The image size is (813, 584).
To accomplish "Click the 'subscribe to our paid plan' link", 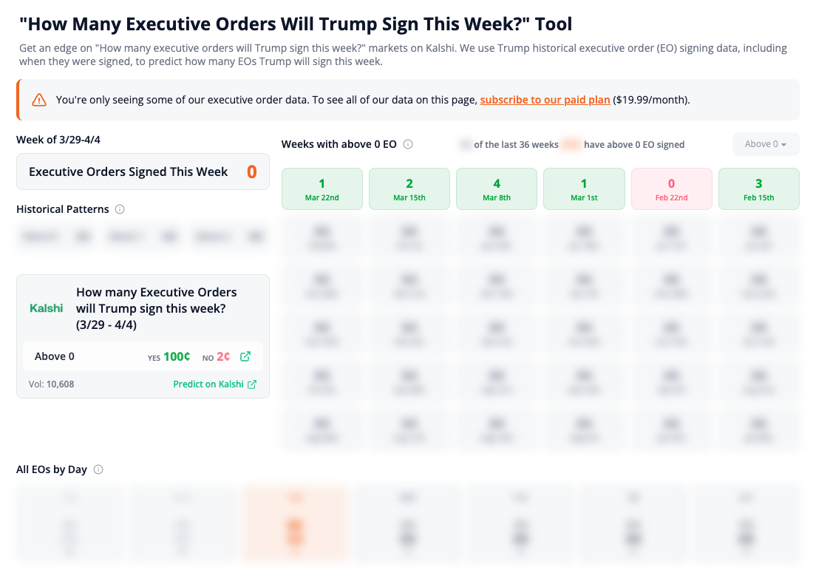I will [x=545, y=100].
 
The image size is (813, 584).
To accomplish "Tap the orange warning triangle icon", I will [x=39, y=100].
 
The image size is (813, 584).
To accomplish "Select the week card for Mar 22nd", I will [x=322, y=189].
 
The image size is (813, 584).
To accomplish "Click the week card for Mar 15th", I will [x=409, y=189].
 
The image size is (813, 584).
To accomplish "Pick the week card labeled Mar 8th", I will [x=497, y=189].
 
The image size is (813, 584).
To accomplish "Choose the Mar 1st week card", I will [x=584, y=189].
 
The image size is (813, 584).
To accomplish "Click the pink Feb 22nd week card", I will [x=671, y=189].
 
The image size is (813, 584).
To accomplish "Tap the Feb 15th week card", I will [x=758, y=189].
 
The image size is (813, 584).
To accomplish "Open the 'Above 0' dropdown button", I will [x=765, y=144].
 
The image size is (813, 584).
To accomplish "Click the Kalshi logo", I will [x=47, y=308].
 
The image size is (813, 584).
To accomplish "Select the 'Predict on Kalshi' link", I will [x=214, y=384].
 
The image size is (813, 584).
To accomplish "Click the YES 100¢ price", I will [x=176, y=356].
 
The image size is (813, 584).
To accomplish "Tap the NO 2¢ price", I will [x=223, y=356].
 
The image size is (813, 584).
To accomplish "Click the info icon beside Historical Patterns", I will [x=120, y=209].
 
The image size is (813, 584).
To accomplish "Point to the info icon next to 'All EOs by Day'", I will [x=98, y=469].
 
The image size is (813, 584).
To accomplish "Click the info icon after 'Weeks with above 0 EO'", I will [x=408, y=144].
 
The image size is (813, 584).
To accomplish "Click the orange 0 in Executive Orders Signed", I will [x=251, y=172].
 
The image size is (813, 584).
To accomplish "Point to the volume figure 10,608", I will [x=60, y=384].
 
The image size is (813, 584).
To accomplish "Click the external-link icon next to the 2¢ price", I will [x=245, y=356].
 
